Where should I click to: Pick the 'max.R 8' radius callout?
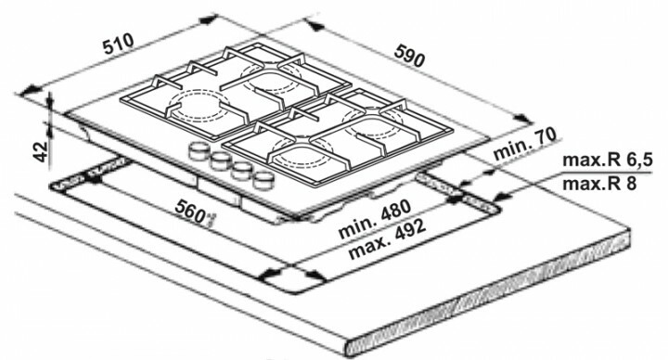tap(597, 184)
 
